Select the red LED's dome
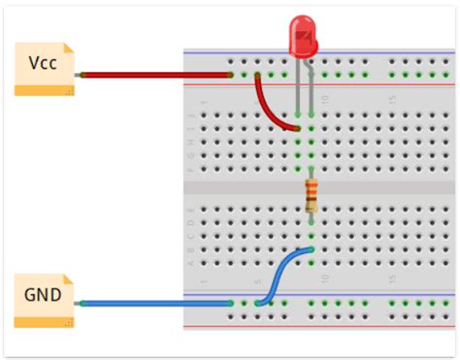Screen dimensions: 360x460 click(x=304, y=37)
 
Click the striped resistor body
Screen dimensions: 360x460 click(x=311, y=195)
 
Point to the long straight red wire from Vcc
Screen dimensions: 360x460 click(x=155, y=74)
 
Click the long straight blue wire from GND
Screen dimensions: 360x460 click(x=155, y=304)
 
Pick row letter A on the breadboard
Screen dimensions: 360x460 click(x=191, y=262)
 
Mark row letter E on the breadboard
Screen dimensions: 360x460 click(x=191, y=208)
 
